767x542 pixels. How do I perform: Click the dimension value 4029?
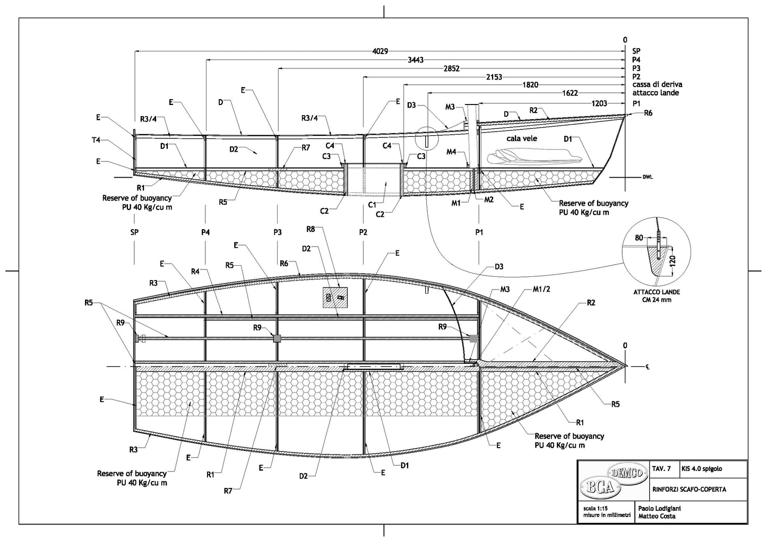tap(380, 51)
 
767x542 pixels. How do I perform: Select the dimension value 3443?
tap(416, 60)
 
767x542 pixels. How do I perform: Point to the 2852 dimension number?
tap(451, 68)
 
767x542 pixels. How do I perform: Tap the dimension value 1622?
tap(570, 93)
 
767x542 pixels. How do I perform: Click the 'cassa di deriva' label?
tap(657, 84)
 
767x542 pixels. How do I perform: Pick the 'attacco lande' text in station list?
tap(656, 93)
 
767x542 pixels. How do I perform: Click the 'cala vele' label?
tap(521, 138)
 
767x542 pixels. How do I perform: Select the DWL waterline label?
tap(648, 177)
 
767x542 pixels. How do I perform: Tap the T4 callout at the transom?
tap(96, 141)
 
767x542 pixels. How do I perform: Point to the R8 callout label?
tap(311, 229)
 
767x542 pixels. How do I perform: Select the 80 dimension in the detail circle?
tap(638, 238)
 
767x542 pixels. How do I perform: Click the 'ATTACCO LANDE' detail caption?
tap(656, 292)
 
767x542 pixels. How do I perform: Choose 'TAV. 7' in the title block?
tap(661, 469)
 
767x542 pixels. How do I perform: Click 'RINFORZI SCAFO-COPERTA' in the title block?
tap(689, 489)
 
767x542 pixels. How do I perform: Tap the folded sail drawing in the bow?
tap(536, 156)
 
